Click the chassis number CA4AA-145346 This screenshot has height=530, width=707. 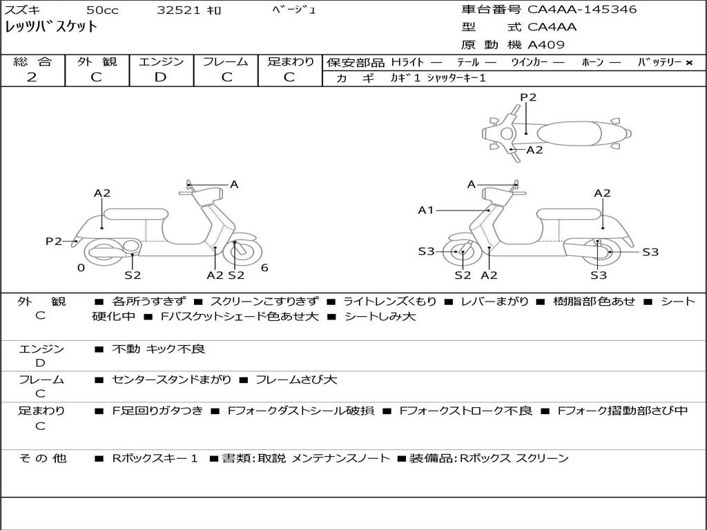[582, 10]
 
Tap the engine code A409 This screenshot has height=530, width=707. [546, 46]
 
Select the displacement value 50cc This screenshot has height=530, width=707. [101, 10]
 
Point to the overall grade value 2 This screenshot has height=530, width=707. [32, 77]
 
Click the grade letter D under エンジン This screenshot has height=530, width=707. [160, 77]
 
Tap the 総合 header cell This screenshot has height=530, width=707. [32, 62]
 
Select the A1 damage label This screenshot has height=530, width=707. [426, 210]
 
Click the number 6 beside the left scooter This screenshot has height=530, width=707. [264, 268]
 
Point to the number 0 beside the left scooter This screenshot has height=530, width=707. [81, 268]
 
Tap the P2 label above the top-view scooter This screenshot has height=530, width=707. [528, 97]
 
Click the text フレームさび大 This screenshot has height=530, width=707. [296, 380]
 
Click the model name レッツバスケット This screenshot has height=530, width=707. [51, 28]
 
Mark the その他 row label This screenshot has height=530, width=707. [42, 458]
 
